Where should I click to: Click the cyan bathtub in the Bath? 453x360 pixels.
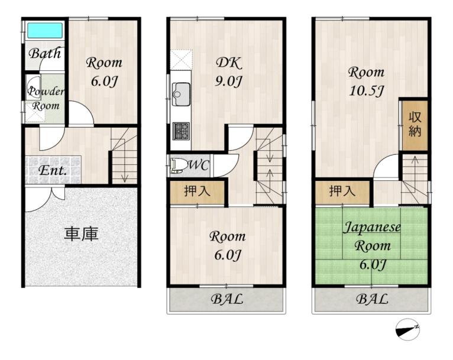pos(45,30)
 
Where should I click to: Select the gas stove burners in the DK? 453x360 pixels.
pos(181,131)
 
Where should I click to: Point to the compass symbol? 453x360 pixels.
pos(407,330)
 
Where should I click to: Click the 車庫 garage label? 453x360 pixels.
pos(81,234)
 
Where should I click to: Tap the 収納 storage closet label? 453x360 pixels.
pos(415,124)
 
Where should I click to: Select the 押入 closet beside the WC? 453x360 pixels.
pos(197,192)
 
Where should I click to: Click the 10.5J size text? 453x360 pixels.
pos(366,91)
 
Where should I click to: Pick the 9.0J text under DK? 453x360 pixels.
pos(228,82)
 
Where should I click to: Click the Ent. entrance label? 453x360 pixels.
pos(53,171)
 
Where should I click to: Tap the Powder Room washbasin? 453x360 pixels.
pos(33,87)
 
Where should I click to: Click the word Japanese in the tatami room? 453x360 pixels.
pos(372,227)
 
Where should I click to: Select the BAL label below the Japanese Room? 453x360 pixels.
pos(372,299)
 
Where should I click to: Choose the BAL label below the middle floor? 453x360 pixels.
pos(226,299)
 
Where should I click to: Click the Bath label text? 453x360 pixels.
pos(45,53)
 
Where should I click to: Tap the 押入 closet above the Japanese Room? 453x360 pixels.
pos(342,192)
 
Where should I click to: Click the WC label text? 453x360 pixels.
pos(199,166)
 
